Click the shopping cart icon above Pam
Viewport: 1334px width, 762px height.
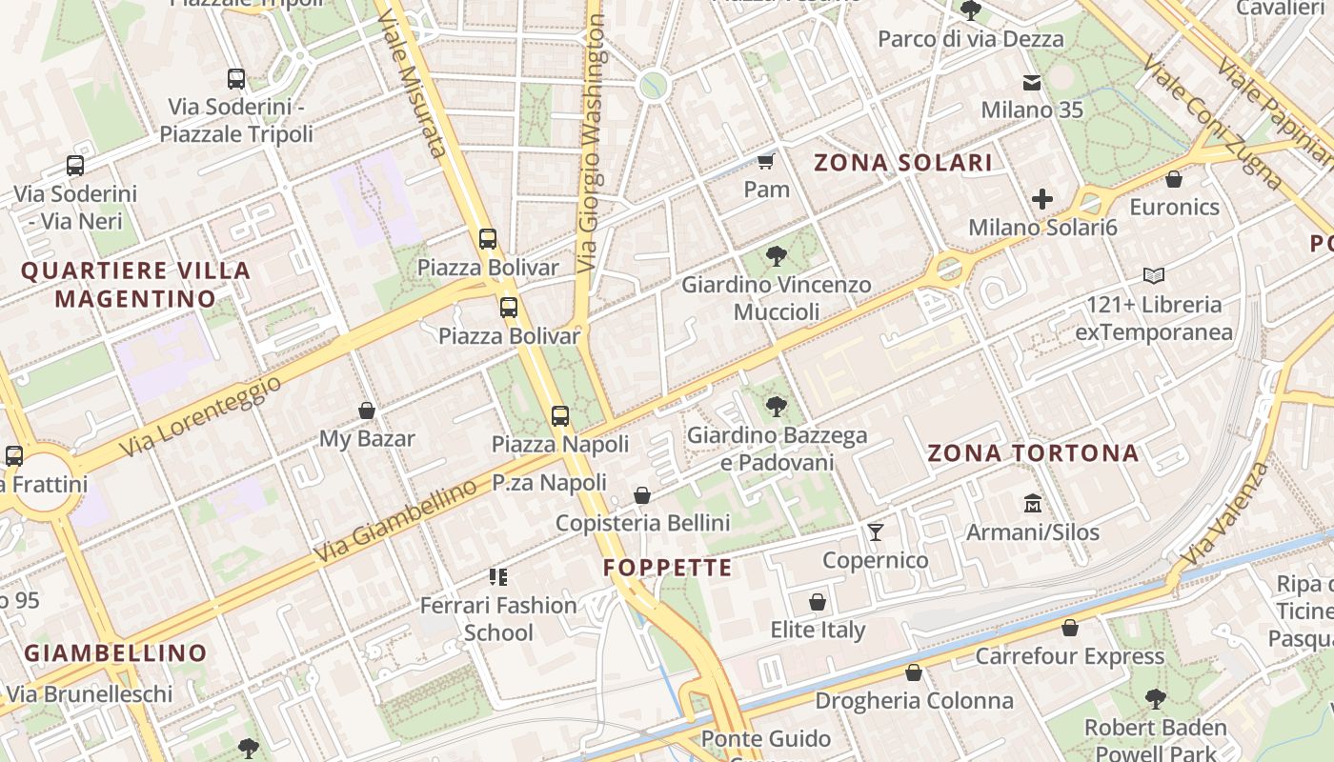(766, 160)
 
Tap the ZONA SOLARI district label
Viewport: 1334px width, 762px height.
(903, 163)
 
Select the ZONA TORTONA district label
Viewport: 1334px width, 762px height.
(1033, 453)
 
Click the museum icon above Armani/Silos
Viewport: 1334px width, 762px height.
(1032, 503)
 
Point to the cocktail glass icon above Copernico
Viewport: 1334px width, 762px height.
(875, 531)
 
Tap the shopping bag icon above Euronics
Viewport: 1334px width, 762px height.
(1174, 178)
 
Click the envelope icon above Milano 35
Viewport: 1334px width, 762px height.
(1032, 82)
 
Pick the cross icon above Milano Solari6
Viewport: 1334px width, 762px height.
(1042, 199)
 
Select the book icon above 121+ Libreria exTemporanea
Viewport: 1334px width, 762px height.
(1154, 276)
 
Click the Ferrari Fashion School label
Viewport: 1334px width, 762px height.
(498, 618)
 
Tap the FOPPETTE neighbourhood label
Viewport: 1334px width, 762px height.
(668, 569)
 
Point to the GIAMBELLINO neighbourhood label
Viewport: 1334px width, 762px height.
(115, 653)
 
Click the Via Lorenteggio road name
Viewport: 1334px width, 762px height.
(202, 415)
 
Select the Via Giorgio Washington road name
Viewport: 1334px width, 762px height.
(591, 143)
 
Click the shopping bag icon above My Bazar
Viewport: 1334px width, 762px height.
(367, 411)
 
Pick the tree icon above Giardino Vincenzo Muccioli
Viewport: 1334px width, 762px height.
(776, 255)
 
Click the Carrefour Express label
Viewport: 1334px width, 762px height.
(1069, 656)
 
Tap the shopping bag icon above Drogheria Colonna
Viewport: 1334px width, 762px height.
(914, 673)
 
